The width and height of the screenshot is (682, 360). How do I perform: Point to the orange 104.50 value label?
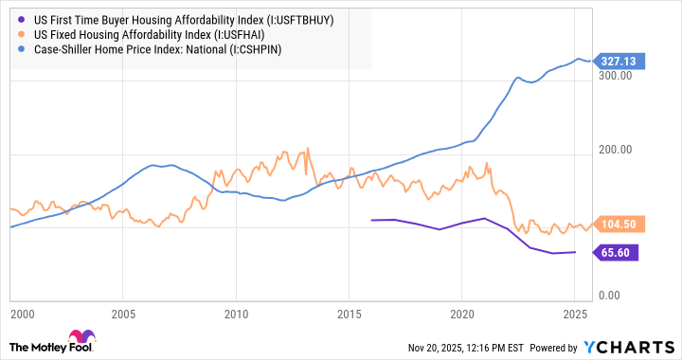tap(619, 225)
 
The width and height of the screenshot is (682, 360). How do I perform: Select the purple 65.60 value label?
tap(617, 252)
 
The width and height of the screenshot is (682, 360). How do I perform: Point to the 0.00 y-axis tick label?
tap(620, 297)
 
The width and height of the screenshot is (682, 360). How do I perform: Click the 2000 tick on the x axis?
tap(12, 314)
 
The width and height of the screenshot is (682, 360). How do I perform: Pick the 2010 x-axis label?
tap(236, 314)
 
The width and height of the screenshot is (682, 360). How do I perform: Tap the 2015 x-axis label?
tap(349, 314)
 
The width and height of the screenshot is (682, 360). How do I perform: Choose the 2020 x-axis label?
tap(461, 314)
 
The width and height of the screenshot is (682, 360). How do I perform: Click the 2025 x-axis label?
tap(573, 314)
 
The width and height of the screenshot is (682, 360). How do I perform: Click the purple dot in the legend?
tap(18, 18)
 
